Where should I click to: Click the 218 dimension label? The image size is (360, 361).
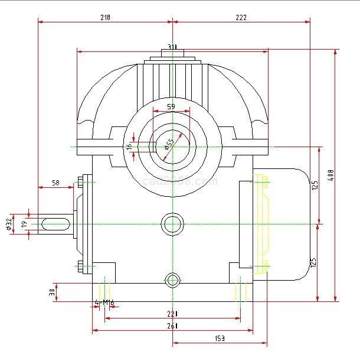pyautogui.click(x=104, y=18)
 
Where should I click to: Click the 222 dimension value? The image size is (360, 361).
pyautogui.click(x=241, y=18)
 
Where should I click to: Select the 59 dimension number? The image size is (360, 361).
pyautogui.click(x=171, y=107)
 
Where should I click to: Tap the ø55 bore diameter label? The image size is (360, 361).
pyautogui.click(x=169, y=143)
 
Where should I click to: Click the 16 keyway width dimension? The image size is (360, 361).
pyautogui.click(x=129, y=146)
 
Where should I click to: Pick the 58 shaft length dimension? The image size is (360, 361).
pyautogui.click(x=55, y=183)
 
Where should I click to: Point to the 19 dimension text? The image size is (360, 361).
pyautogui.click(x=24, y=225)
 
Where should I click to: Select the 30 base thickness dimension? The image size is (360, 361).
pyautogui.click(x=52, y=292)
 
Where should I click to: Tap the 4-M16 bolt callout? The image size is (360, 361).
pyautogui.click(x=104, y=304)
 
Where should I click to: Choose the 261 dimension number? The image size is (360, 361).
pyautogui.click(x=172, y=326)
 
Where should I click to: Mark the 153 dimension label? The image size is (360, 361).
pyautogui.click(x=219, y=338)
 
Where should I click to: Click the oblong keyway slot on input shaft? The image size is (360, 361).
pyautogui.click(x=56, y=224)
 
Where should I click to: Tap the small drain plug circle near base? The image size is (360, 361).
pyautogui.click(x=172, y=279)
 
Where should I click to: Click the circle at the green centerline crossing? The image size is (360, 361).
pyautogui.click(x=172, y=224)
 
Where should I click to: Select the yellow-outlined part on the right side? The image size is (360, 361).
pyautogui.click(x=261, y=225)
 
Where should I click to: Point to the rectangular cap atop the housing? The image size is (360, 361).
pyautogui.click(x=172, y=54)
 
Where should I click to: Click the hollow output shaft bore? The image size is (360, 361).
pyautogui.click(x=172, y=145)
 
